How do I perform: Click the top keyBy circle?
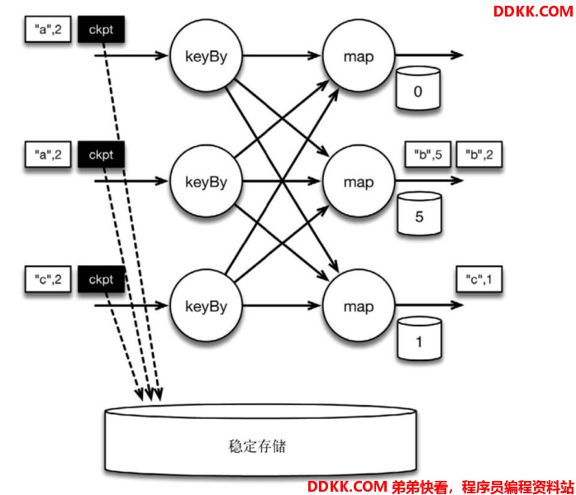(x=206, y=55)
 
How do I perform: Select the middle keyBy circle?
(x=206, y=181)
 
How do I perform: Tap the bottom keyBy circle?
(x=206, y=306)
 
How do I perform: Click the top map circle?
(x=359, y=55)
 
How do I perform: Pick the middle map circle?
(x=359, y=181)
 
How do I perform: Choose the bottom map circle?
(x=359, y=306)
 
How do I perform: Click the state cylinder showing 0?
(x=418, y=88)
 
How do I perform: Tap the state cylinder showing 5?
(x=419, y=213)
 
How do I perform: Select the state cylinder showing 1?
(x=419, y=338)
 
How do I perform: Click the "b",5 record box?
(x=427, y=155)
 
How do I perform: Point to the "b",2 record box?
(x=479, y=155)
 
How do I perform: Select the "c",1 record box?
(x=479, y=279)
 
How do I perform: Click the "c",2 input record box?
(x=48, y=279)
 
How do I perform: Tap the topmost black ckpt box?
(x=101, y=30)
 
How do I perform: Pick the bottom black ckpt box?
(x=101, y=279)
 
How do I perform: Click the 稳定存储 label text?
(x=257, y=446)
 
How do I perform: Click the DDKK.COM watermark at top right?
(x=533, y=12)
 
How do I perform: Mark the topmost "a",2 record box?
(x=48, y=30)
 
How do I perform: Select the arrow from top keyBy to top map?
(x=282, y=55)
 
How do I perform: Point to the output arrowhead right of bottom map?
(x=457, y=305)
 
